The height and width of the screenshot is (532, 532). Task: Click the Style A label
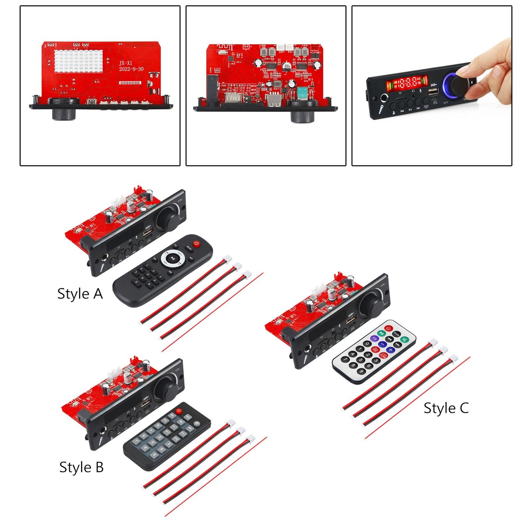tap(80, 294)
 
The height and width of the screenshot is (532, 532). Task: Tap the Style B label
tap(81, 467)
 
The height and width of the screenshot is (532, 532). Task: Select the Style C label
tap(446, 408)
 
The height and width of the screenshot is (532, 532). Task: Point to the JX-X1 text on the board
tap(126, 63)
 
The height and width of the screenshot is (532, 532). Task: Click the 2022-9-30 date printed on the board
tap(131, 69)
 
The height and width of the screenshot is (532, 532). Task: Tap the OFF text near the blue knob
tap(446, 103)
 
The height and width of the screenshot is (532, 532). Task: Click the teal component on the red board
tap(303, 92)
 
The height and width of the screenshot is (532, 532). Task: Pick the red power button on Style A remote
tap(197, 244)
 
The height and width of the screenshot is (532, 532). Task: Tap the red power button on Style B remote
tap(179, 411)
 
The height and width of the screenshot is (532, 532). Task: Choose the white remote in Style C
tap(373, 351)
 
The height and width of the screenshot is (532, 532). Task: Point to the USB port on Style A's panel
tap(148, 233)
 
